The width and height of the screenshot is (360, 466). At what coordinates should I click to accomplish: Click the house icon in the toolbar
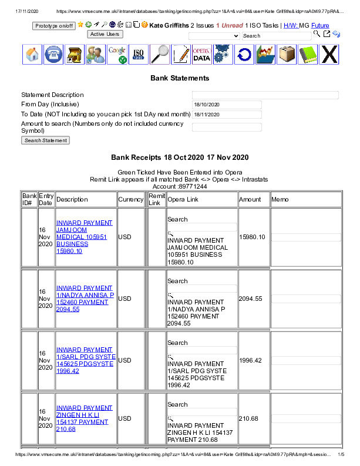[x=33, y=55]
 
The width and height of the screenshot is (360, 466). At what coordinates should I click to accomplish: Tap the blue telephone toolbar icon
[x=55, y=55]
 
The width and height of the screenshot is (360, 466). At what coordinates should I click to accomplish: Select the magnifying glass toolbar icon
[x=159, y=55]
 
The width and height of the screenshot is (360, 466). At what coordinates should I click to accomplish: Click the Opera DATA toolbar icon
[x=201, y=55]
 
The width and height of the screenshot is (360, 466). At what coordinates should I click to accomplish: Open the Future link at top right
[x=320, y=26]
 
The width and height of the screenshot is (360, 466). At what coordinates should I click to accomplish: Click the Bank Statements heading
[x=180, y=78]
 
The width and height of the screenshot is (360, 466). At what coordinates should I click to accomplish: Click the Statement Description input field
[x=265, y=95]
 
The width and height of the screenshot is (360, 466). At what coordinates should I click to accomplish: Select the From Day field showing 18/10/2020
[x=227, y=105]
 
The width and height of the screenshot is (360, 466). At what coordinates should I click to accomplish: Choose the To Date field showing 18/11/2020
[x=227, y=115]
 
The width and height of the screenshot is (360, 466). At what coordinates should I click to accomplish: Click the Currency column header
[x=131, y=200]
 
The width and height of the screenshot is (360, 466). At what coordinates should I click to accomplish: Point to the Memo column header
[x=280, y=200]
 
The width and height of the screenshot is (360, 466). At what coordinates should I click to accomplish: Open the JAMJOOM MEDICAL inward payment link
[x=85, y=237]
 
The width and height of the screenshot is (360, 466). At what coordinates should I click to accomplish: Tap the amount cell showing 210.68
[x=248, y=418]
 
